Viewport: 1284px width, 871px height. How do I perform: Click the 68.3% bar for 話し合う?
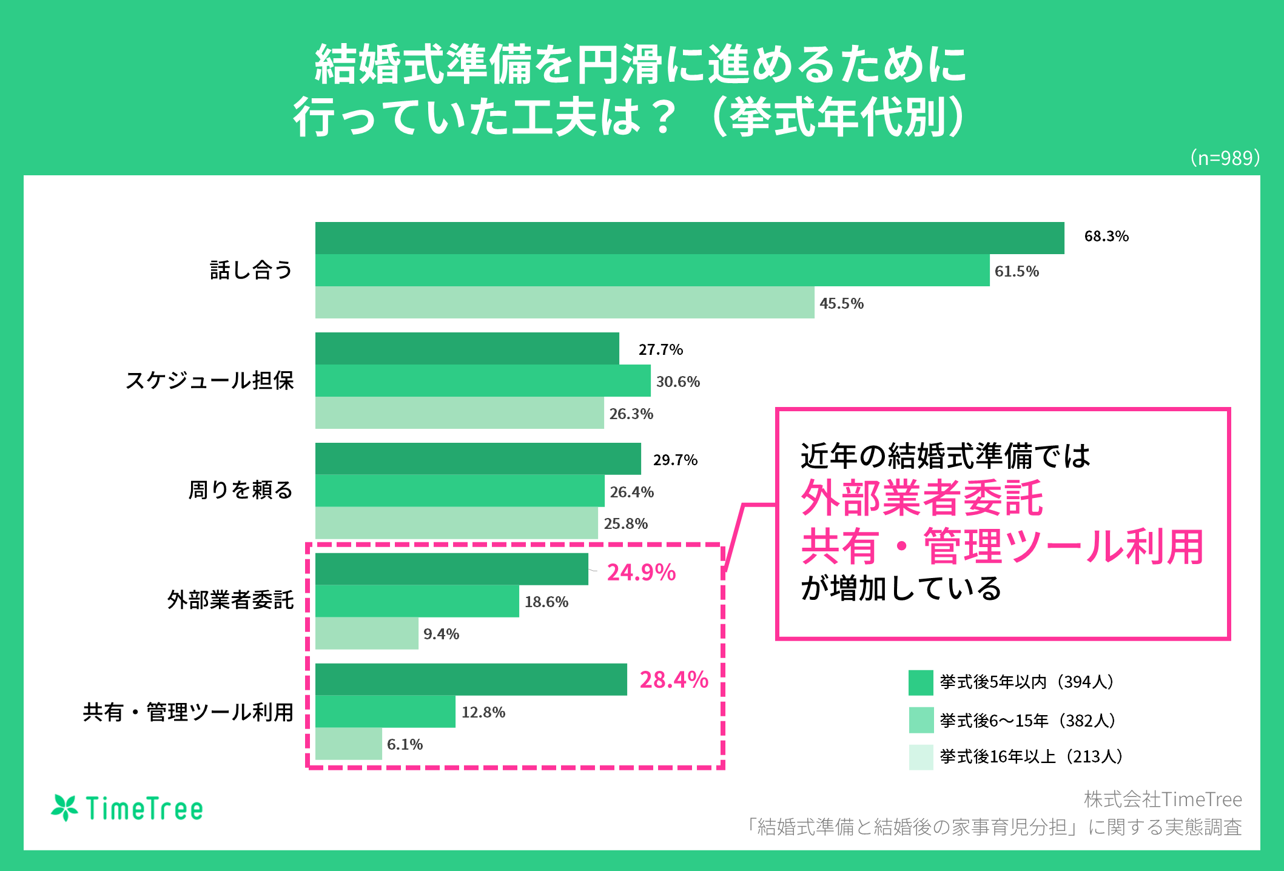689,238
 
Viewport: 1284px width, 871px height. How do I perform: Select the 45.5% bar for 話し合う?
564,302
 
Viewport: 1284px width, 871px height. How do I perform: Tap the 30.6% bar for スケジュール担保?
482,380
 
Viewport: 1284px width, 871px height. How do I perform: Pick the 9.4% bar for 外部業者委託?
366,633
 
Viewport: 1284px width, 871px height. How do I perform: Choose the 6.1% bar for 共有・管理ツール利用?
348,744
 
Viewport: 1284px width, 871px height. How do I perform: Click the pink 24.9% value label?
641,573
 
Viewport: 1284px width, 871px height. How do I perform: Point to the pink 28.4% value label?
674,680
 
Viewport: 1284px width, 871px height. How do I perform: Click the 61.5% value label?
1017,271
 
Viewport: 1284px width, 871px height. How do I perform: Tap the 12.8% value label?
483,712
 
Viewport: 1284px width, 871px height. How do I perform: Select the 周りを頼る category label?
241,489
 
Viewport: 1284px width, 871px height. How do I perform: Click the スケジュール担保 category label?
209,380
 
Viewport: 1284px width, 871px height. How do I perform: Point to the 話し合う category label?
251,270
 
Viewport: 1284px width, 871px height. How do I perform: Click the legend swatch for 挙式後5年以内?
920,682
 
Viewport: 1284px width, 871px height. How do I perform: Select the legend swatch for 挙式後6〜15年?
920,720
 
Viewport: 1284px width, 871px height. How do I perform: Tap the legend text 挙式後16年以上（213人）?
1031,756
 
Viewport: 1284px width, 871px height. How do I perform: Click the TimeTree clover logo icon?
64,808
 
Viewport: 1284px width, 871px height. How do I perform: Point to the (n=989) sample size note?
1225,158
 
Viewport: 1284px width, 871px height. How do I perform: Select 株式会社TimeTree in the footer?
1163,799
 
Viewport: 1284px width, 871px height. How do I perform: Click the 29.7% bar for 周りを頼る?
478,459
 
